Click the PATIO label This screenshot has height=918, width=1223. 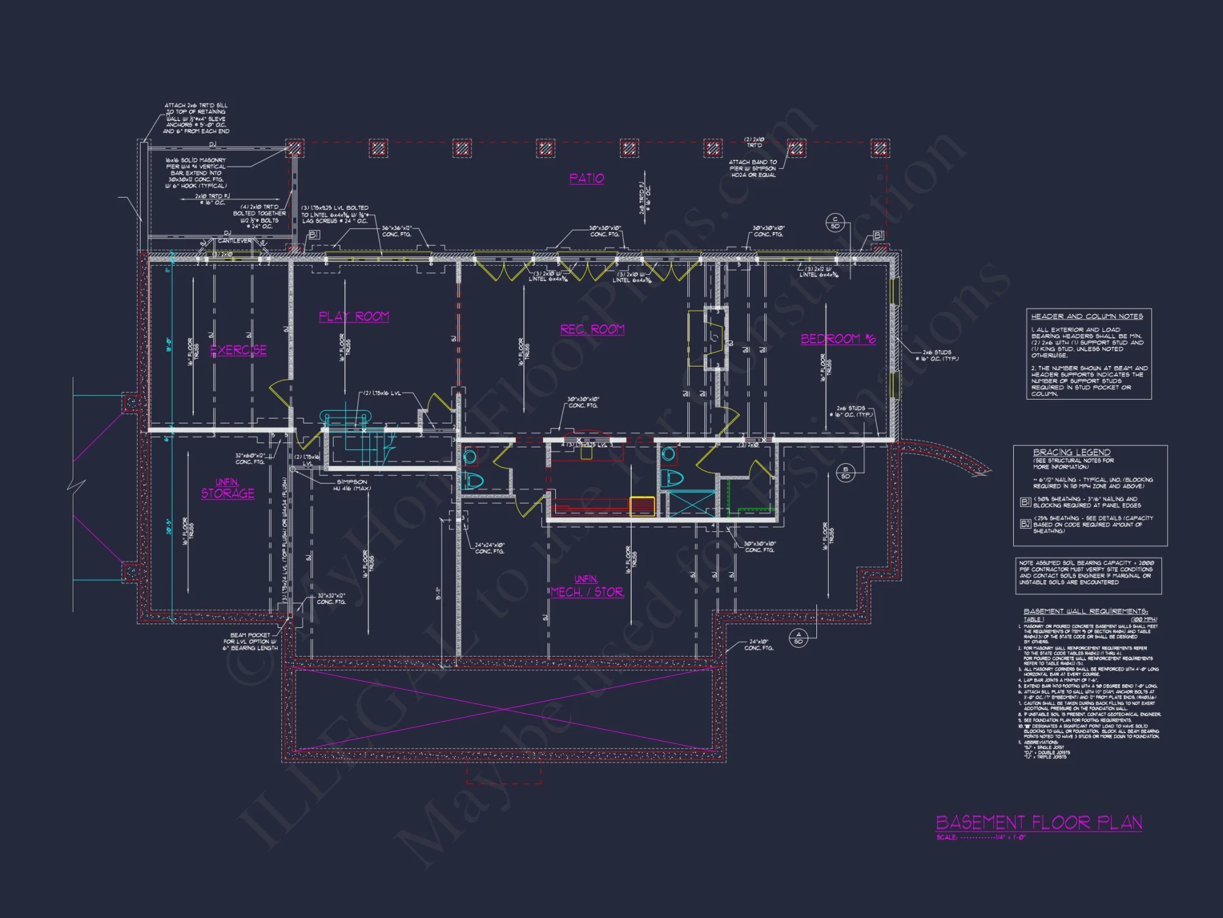tap(586, 178)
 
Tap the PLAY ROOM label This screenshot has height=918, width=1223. tap(353, 316)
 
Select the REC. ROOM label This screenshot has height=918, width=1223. tap(592, 329)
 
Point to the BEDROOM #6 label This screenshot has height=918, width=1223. tap(838, 338)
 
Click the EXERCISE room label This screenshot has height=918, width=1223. tap(238, 350)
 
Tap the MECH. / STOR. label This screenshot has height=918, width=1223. tap(587, 591)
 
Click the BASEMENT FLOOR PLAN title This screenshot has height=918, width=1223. tap(1039, 823)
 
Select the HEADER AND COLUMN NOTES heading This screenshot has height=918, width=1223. tap(1087, 316)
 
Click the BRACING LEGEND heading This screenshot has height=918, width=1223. tap(1071, 452)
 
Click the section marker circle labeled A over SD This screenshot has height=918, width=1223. tap(798, 638)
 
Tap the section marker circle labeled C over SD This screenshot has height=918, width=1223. tap(835, 223)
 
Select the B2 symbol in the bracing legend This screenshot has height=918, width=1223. tap(1025, 523)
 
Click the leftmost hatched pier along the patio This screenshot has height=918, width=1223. tap(295, 148)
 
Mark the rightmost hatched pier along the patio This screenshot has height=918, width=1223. tap(879, 148)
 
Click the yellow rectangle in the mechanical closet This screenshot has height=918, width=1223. tap(642, 507)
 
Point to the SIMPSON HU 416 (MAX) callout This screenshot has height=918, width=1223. tap(352, 485)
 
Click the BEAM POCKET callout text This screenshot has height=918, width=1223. tap(250, 641)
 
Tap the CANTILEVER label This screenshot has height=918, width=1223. tap(234, 241)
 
